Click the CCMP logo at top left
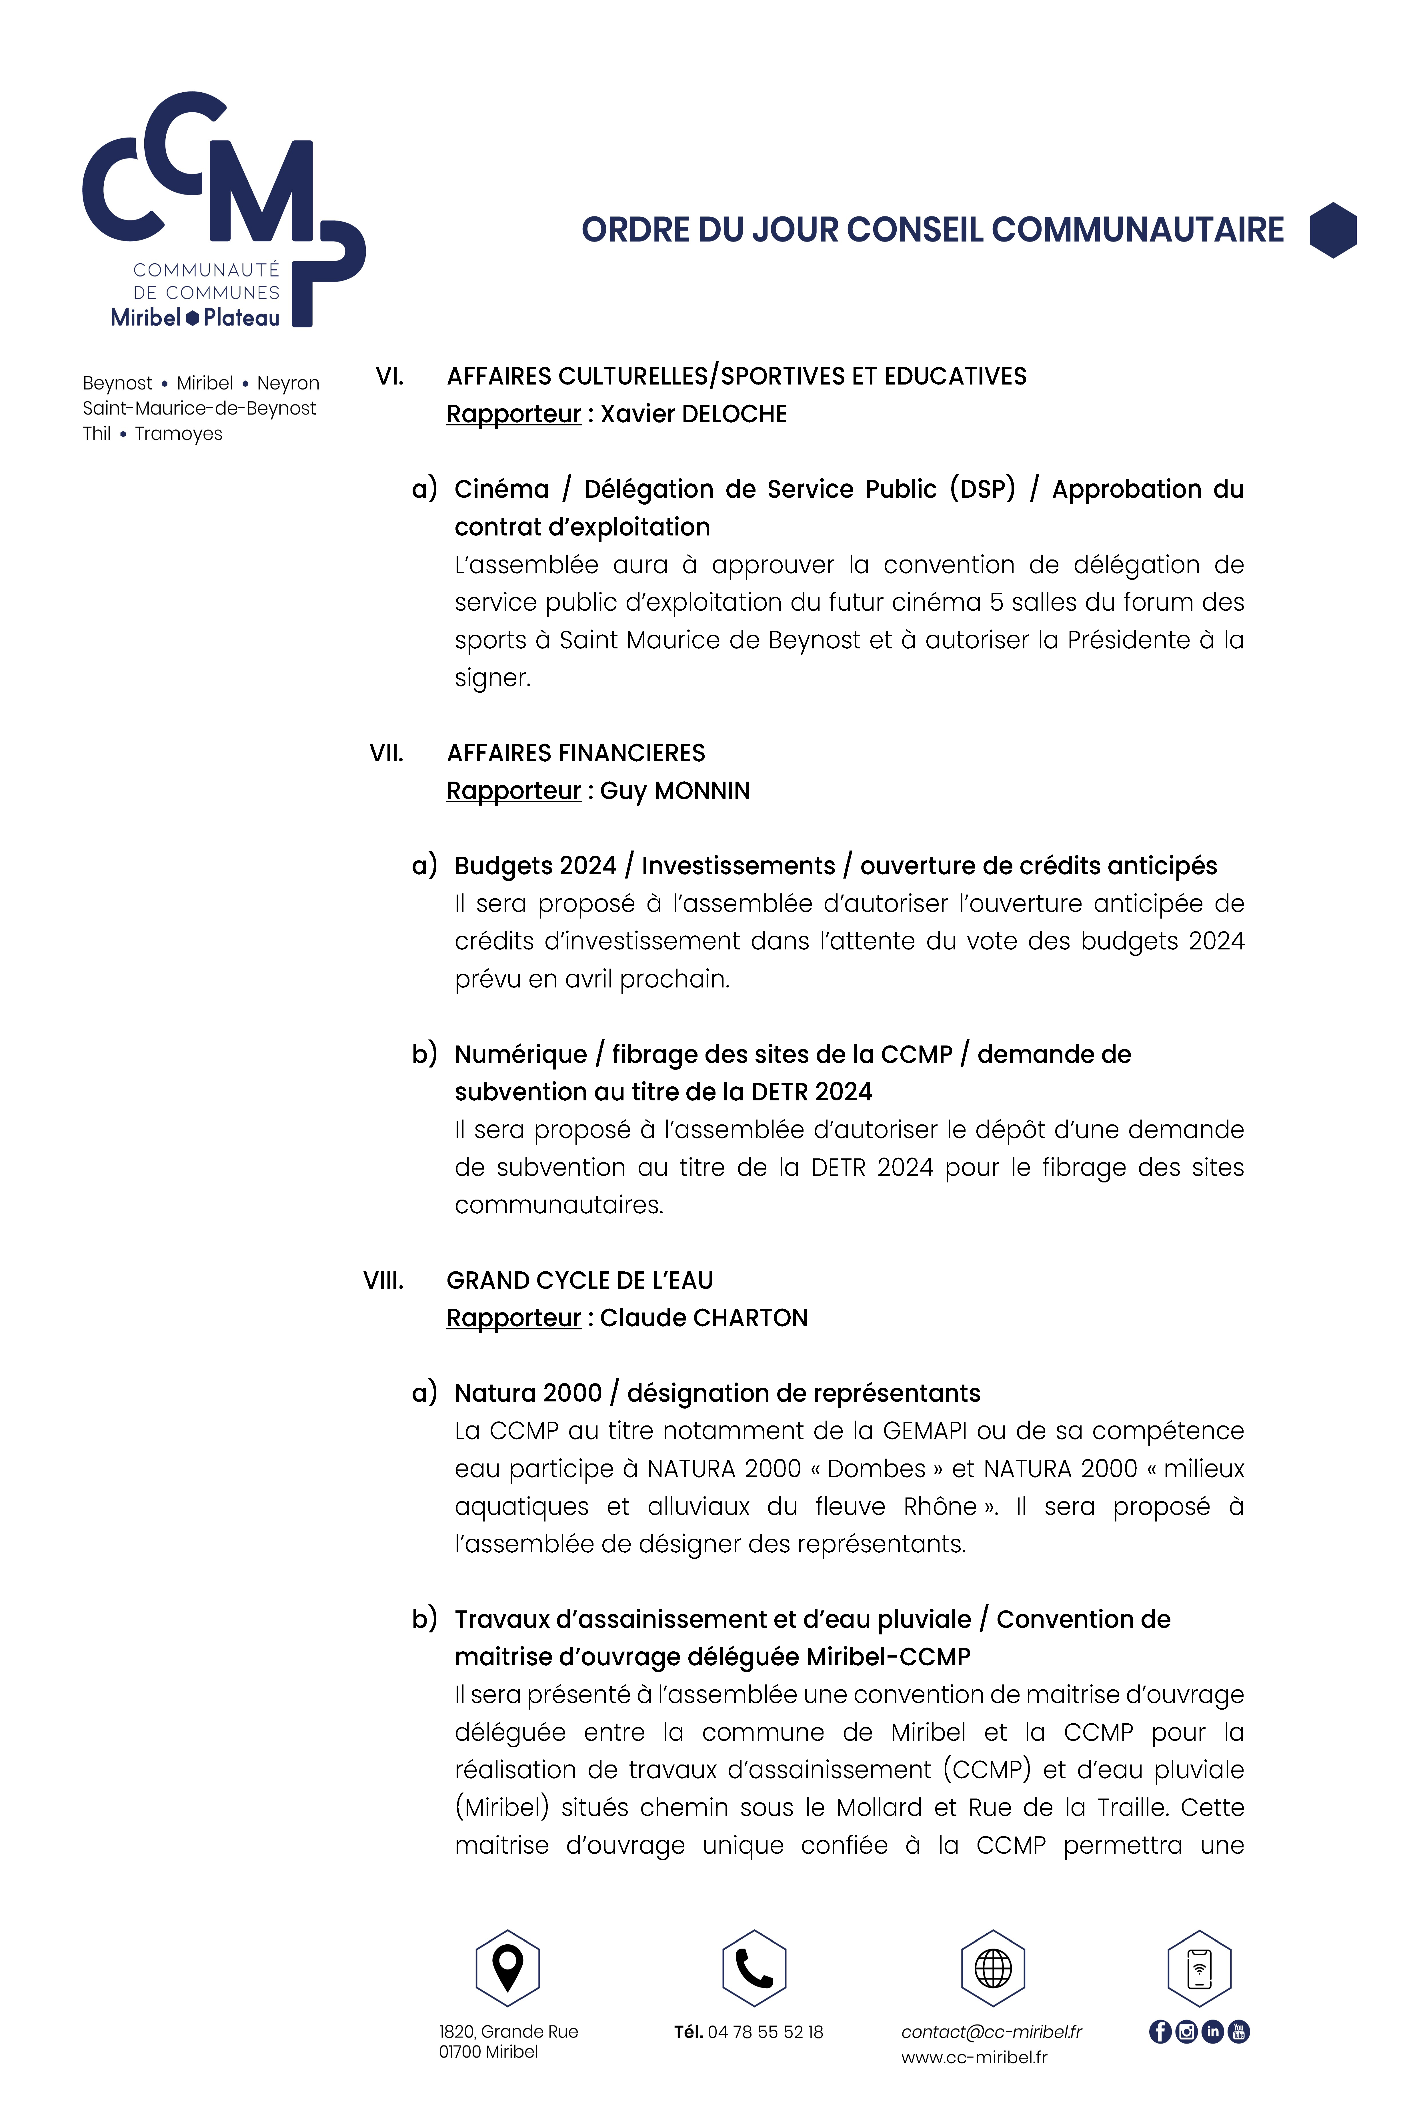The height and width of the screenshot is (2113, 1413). tap(223, 209)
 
